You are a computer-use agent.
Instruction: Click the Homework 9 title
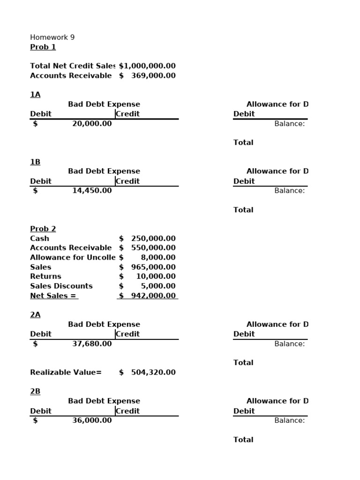click(52, 37)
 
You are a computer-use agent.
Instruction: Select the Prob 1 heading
click(43, 47)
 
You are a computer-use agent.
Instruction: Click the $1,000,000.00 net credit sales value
click(147, 66)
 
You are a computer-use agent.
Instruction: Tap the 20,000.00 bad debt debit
click(92, 124)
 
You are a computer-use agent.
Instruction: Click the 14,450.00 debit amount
click(92, 191)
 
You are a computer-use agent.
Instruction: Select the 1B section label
click(35, 162)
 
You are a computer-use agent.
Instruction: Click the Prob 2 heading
click(43, 229)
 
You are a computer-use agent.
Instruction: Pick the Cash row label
click(39, 238)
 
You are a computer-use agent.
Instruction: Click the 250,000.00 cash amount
click(153, 238)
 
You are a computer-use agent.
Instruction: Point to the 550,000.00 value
click(153, 248)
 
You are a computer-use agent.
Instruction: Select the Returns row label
click(45, 277)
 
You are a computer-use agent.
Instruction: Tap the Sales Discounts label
click(61, 286)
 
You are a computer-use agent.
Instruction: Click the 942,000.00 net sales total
click(153, 296)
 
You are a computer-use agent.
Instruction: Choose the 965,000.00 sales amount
click(153, 267)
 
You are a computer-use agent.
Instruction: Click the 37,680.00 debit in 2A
click(92, 344)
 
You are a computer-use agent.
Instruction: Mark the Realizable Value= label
click(66, 373)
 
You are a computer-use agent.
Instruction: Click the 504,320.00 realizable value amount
click(153, 373)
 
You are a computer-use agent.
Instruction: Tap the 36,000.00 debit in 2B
click(92, 420)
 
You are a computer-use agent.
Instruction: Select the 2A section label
click(35, 315)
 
